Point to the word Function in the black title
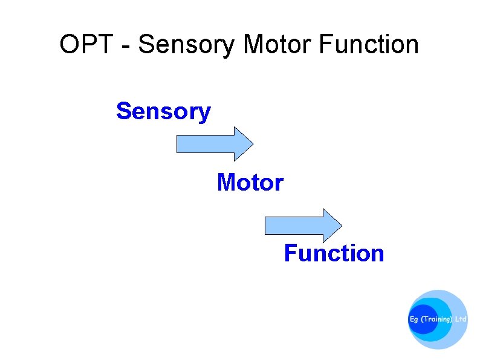[368, 45]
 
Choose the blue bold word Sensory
[163, 112]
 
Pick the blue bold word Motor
[250, 182]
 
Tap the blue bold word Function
[334, 253]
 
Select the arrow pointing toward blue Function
[303, 226]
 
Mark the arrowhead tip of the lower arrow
[341, 226]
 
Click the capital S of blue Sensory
[123, 111]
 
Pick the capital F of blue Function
[291, 253]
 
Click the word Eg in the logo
[414, 319]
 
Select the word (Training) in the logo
[436, 319]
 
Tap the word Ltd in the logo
[461, 319]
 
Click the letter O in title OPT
[70, 45]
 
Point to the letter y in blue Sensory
[204, 114]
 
